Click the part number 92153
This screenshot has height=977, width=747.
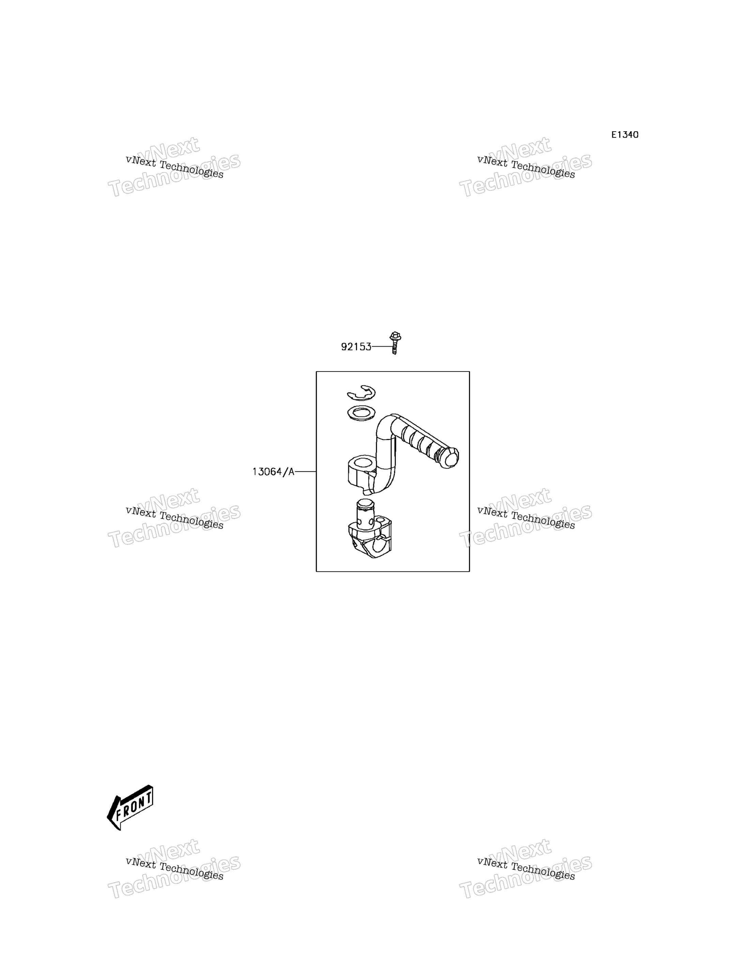click(356, 347)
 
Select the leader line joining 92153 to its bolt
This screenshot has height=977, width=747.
click(381, 346)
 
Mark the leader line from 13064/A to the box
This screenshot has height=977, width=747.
click(305, 471)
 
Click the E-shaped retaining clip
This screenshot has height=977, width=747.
click(361, 393)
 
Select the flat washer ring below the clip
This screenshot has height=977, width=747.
click(361, 413)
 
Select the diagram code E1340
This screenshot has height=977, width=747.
click(625, 135)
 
